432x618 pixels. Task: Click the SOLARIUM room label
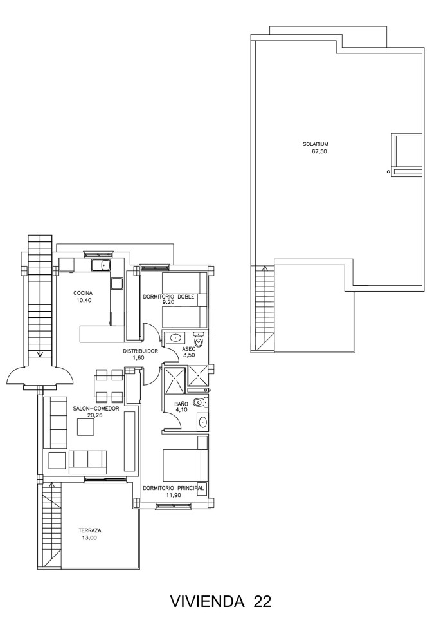(316, 144)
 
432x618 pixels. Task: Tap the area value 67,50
(319, 151)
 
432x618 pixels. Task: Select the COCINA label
(83, 293)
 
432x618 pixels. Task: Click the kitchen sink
(102, 265)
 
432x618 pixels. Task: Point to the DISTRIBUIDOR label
(140, 351)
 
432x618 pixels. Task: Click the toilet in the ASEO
(199, 340)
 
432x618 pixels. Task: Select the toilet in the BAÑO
(201, 403)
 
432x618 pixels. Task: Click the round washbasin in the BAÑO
(203, 422)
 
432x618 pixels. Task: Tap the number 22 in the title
(262, 601)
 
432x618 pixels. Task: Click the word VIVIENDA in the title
(208, 601)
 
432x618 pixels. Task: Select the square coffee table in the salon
(85, 427)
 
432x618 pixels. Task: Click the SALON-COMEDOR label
(96, 409)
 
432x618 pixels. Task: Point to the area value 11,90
(173, 495)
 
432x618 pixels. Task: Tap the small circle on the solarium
(388, 171)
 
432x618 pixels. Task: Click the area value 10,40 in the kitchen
(83, 300)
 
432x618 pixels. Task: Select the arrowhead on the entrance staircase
(40, 354)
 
